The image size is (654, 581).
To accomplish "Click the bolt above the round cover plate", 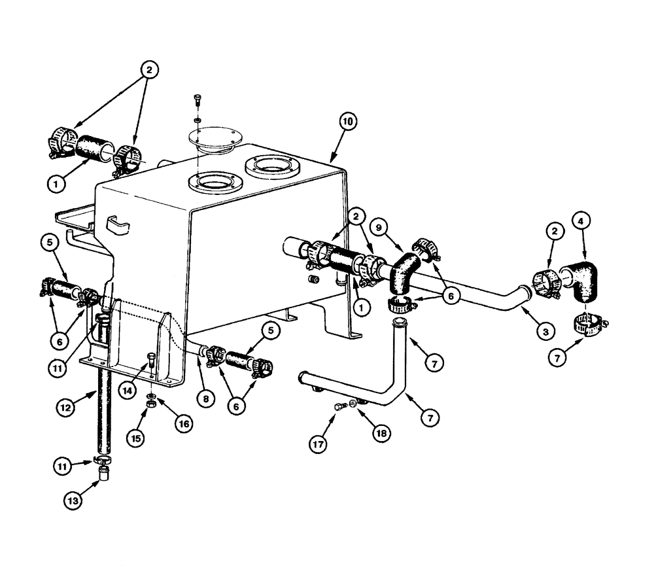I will [x=198, y=101].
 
